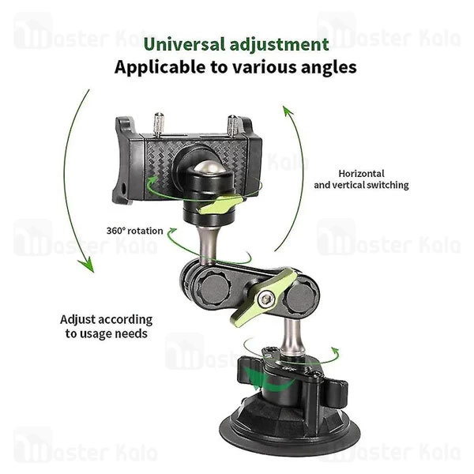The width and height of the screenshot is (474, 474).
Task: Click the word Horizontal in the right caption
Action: pyautogui.click(x=361, y=173)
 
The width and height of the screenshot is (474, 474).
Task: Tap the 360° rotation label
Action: pyautogui.click(x=134, y=231)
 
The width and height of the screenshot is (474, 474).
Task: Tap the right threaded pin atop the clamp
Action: pyautogui.click(x=234, y=125)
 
